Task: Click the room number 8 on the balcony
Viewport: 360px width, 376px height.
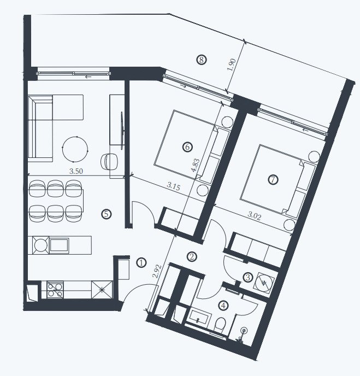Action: click(202, 60)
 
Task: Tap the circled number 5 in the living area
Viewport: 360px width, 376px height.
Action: click(107, 214)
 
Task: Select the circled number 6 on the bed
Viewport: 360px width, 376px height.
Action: click(187, 146)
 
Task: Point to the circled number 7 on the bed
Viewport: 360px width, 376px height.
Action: click(273, 179)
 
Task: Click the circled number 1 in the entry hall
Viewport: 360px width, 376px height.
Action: click(141, 263)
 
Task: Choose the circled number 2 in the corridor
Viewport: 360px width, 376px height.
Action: click(192, 257)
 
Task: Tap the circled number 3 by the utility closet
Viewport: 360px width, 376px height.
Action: click(248, 278)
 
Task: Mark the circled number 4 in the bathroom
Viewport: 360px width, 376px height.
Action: click(223, 305)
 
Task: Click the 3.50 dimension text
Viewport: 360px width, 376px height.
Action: click(76, 171)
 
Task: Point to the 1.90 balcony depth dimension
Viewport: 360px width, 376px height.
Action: click(232, 64)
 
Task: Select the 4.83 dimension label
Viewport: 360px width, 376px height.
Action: click(196, 166)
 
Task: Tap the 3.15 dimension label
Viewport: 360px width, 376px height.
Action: click(173, 186)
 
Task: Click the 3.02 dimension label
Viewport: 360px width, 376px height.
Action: click(255, 216)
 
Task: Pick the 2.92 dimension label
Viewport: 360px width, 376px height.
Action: click(157, 271)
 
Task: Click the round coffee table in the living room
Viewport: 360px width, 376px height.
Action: click(75, 149)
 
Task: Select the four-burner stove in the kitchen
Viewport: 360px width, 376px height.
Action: click(55, 290)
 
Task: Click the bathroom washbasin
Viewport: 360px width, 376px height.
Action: click(199, 317)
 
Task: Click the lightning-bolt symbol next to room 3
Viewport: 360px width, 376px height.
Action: click(264, 283)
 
